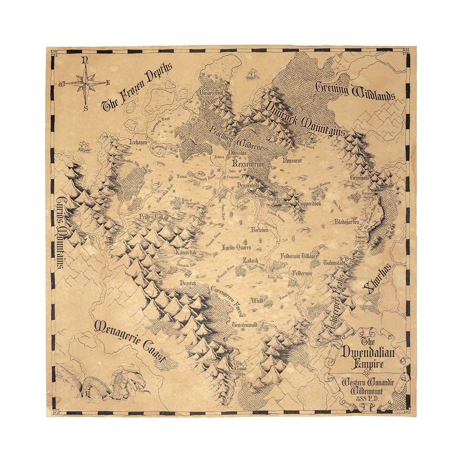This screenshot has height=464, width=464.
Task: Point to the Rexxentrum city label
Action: coord(246,164)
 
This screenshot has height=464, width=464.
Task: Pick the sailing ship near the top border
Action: coord(252,73)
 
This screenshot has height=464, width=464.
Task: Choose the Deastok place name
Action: coord(189,283)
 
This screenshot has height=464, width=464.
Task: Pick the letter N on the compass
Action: coord(85,60)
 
